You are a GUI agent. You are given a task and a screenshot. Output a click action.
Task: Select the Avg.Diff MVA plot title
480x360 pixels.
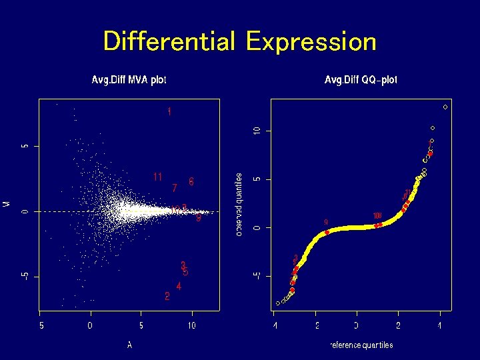pos(129,80)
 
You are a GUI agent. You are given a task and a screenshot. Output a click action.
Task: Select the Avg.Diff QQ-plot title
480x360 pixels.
pos(361,80)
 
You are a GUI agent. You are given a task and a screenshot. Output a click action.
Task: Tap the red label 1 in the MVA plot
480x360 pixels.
pos(169,112)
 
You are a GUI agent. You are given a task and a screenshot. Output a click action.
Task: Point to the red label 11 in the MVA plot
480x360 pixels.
pos(158,177)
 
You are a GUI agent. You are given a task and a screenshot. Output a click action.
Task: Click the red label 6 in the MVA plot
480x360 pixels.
pos(191,181)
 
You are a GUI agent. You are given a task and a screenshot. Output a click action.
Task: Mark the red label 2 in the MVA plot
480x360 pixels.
pos(167,296)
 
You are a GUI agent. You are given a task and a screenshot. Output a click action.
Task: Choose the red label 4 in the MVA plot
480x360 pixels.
pos(179,286)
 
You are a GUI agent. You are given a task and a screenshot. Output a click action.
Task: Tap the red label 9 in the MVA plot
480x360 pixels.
pos(199,218)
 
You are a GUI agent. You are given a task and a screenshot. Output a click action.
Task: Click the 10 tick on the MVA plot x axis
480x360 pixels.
pos(192,326)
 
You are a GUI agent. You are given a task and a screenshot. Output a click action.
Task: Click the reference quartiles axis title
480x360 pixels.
pos(361,345)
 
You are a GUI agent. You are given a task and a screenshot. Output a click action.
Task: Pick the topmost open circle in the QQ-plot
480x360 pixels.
pos(445,107)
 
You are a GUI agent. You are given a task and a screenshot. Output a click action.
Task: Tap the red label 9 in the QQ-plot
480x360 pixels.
pos(325,222)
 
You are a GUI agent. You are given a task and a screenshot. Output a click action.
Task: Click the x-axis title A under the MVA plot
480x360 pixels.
pos(129,345)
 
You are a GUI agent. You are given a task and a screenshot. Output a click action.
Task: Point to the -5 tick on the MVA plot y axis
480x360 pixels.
pos(25,277)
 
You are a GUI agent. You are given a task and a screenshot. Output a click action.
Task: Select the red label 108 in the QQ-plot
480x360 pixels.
pos(377,215)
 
